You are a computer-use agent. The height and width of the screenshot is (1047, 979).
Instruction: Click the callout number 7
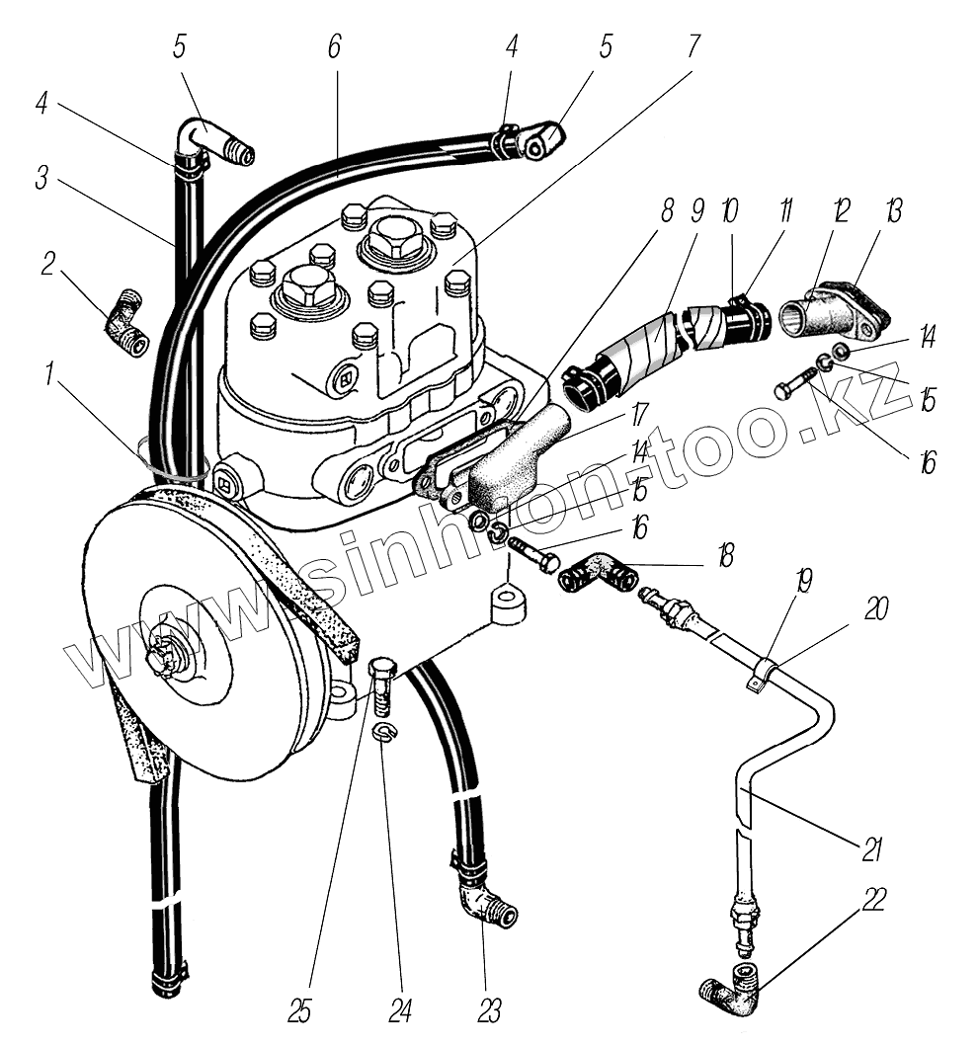pyautogui.click(x=693, y=45)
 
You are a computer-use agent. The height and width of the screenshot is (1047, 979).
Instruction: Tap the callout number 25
pyautogui.click(x=300, y=1011)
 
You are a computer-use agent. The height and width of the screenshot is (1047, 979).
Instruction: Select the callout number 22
pyautogui.click(x=873, y=900)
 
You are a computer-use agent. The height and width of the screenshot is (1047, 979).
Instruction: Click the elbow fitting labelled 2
pyautogui.click(x=125, y=323)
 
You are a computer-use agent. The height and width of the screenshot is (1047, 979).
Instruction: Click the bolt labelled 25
pyautogui.click(x=382, y=685)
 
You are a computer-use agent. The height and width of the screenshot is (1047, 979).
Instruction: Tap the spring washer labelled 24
pyautogui.click(x=382, y=731)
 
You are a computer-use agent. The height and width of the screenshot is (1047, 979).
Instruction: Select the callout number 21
pyautogui.click(x=871, y=848)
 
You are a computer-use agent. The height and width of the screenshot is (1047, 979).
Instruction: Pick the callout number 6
pyautogui.click(x=334, y=45)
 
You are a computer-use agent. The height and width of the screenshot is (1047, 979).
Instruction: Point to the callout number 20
pyautogui.click(x=877, y=608)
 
